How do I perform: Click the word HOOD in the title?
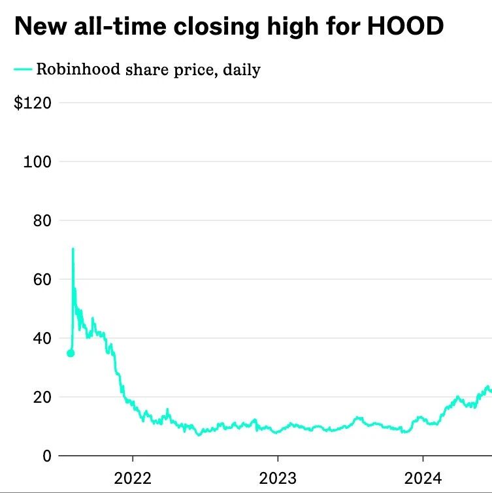click(405, 25)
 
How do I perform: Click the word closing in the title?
click(216, 26)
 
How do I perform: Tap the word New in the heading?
click(41, 25)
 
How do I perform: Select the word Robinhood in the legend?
click(78, 69)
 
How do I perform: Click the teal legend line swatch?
click(23, 69)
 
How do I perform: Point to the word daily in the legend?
click(242, 69)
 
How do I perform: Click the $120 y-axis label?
click(33, 103)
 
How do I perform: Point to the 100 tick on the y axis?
click(37, 161)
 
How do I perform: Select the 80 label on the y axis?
click(42, 220)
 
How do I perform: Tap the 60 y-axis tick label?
click(42, 279)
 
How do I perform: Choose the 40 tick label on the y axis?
click(42, 338)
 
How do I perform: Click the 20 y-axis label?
click(42, 397)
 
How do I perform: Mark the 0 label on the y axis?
click(47, 456)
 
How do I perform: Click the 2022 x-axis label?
click(133, 478)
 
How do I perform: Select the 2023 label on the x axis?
click(278, 478)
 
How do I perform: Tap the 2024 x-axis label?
click(423, 478)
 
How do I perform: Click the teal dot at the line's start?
click(71, 353)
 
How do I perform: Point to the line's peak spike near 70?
click(73, 248)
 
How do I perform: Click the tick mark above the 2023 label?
click(278, 458)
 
